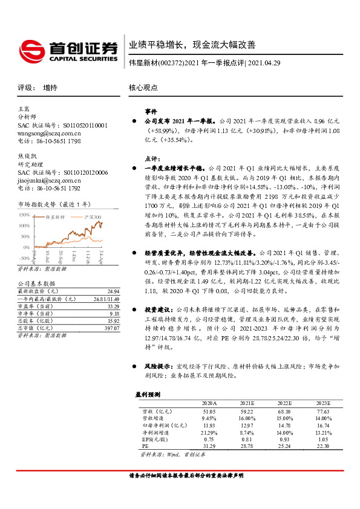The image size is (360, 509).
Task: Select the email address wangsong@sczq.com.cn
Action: [49, 133]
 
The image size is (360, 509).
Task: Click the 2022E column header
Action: [284, 403]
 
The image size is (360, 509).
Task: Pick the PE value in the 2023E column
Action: [324, 445]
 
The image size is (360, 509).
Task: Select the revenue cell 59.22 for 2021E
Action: [246, 411]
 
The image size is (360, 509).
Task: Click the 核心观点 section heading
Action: [143, 88]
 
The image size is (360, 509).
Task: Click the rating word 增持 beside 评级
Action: [50, 88]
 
